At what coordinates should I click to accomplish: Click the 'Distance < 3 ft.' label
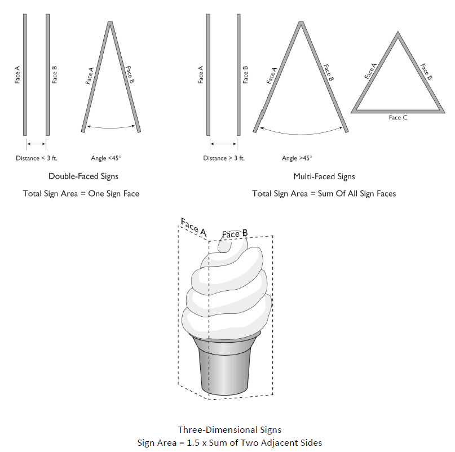coord(37,158)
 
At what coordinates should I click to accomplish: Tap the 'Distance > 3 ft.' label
coord(224,158)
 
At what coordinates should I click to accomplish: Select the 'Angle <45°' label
coord(106,158)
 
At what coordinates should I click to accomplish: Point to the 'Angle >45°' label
coord(297,158)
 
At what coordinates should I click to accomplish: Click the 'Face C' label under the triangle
coord(398,117)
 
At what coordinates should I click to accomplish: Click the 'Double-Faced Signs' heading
coord(83,176)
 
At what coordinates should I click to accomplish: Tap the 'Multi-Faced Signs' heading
coord(324,176)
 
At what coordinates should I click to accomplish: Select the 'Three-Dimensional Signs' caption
coord(229,429)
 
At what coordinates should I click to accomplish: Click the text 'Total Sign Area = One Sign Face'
coord(81,193)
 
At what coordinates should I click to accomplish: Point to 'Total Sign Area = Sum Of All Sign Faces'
coord(324,193)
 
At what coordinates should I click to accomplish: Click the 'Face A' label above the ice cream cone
coord(193,227)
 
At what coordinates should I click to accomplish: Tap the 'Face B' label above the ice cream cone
coord(235,234)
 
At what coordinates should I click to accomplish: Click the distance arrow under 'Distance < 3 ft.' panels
coord(36,144)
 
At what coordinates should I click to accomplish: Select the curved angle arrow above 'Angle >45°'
coord(301,134)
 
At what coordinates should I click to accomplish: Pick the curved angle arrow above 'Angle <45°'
coord(111,127)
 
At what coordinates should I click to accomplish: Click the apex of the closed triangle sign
coord(398,32)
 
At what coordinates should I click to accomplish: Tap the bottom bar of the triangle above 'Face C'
coord(398,112)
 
